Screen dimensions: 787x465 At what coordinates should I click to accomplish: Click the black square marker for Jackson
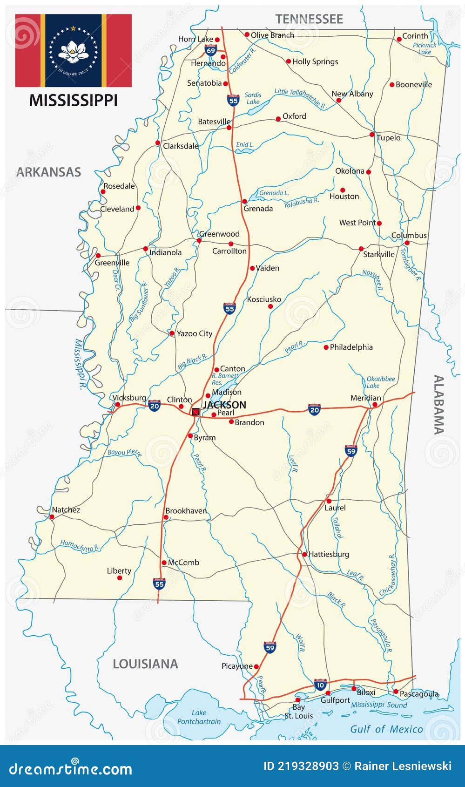(x=196, y=412)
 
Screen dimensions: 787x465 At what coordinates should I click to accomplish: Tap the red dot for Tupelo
(x=372, y=135)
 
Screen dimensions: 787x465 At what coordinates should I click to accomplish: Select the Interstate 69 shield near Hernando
(x=211, y=50)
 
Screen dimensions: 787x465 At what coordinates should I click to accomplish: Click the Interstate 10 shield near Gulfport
(x=320, y=685)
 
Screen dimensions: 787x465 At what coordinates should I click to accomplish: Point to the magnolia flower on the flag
(x=73, y=51)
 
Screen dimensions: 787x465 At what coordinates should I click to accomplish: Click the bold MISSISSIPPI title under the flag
(x=73, y=100)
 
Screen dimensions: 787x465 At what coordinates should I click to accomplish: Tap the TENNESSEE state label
(x=309, y=19)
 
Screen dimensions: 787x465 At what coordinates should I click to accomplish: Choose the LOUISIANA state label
(x=145, y=664)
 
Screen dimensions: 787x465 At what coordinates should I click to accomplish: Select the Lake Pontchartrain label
(x=199, y=717)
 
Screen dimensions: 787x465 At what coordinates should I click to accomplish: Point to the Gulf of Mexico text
(x=386, y=729)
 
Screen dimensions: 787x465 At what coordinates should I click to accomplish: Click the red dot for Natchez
(x=52, y=517)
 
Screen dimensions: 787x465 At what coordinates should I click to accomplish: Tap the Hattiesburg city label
(x=329, y=554)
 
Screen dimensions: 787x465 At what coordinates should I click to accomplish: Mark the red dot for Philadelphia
(x=326, y=347)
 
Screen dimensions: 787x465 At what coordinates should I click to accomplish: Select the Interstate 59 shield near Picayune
(x=270, y=647)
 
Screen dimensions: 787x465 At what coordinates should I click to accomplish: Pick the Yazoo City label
(x=194, y=333)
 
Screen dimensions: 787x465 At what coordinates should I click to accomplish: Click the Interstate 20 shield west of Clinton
(x=155, y=406)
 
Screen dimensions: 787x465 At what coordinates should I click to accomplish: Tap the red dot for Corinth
(x=399, y=39)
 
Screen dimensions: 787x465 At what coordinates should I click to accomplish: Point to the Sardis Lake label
(x=253, y=98)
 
